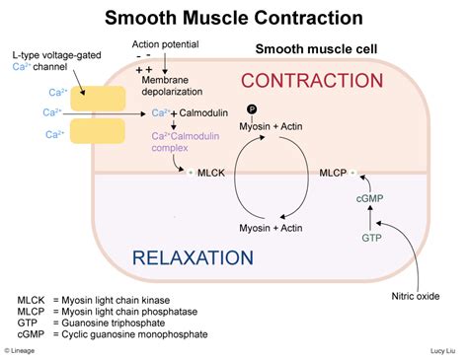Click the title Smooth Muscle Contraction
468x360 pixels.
pyautogui.click(x=234, y=18)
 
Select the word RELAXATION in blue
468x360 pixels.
pyautogui.click(x=194, y=259)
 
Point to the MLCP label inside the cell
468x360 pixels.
pyautogui.click(x=331, y=173)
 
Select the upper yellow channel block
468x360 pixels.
pyautogui.click(x=95, y=98)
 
